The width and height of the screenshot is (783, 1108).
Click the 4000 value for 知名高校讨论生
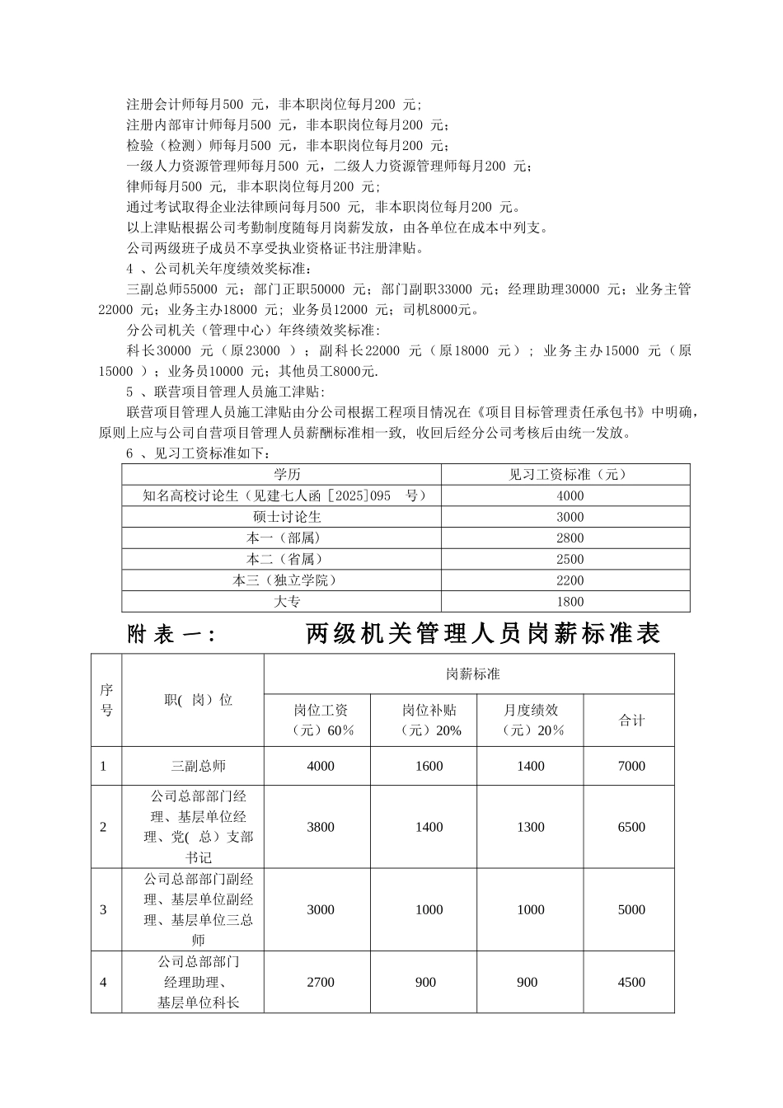point(570,495)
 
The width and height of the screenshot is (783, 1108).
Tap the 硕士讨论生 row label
point(287,517)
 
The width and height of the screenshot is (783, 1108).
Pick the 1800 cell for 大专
point(570,602)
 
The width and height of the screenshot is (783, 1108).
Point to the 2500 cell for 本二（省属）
point(570,559)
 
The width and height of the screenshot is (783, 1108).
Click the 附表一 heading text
point(172,634)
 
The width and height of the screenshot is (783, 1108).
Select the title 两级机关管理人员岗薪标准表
point(484,634)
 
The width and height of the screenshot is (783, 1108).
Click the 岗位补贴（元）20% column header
point(429,720)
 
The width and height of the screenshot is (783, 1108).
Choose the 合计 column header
point(631,720)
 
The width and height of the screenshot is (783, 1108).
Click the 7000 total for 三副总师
point(631,766)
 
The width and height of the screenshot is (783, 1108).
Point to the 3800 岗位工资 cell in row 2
point(321,827)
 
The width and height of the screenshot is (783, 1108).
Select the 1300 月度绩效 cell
point(531,827)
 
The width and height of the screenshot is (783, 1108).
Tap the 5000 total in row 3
point(631,909)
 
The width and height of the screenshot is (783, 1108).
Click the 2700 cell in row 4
point(321,982)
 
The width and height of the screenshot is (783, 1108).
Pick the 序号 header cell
point(106,699)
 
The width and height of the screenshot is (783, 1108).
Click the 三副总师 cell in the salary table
point(198,766)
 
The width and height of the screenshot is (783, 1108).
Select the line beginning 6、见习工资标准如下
point(198,453)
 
